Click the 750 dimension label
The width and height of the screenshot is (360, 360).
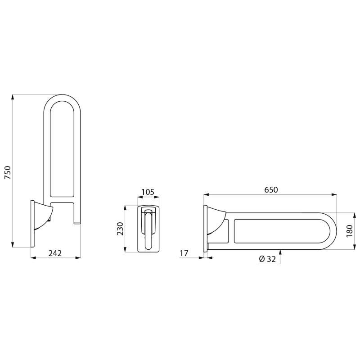[x=8, y=173]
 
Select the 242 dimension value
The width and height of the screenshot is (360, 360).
[x=55, y=253]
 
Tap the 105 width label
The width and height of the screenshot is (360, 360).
[x=148, y=192]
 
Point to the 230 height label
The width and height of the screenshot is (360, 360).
[x=120, y=229]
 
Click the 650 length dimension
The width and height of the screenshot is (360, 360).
[x=271, y=190]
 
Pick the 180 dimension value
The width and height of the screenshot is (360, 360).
[x=350, y=231]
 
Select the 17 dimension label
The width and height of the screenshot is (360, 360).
[x=184, y=254]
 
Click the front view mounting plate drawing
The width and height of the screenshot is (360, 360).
[x=148, y=229]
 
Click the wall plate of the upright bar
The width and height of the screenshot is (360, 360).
[x=32, y=223]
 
